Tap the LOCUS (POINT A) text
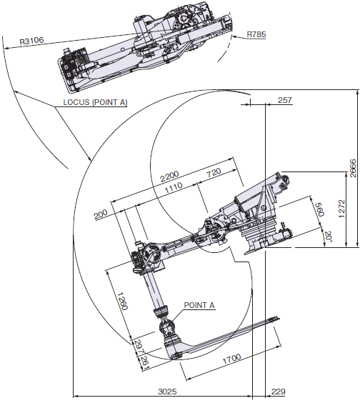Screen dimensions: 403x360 91,102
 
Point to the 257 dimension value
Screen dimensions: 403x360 284,101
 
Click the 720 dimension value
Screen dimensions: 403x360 213,174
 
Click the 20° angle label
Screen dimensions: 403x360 326,236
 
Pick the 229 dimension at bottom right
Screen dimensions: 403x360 277,392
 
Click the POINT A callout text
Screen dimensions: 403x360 199,305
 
